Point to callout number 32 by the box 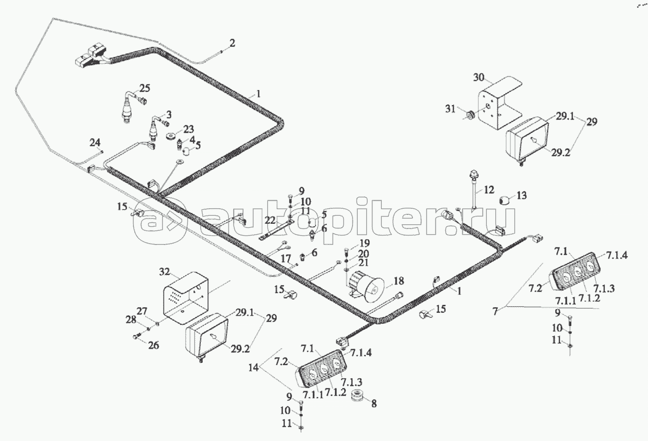point(164,272)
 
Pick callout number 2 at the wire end point(231,43)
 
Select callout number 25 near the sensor point(144,88)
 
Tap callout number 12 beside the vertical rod point(489,190)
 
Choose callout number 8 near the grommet point(374,403)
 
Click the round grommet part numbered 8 point(361,396)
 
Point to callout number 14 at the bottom point(254,367)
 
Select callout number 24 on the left point(95,142)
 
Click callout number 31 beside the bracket point(451,109)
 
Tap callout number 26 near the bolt point(153,345)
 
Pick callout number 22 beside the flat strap point(270,220)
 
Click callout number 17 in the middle point(286,259)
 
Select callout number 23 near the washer point(175,130)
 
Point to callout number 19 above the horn point(365,244)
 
